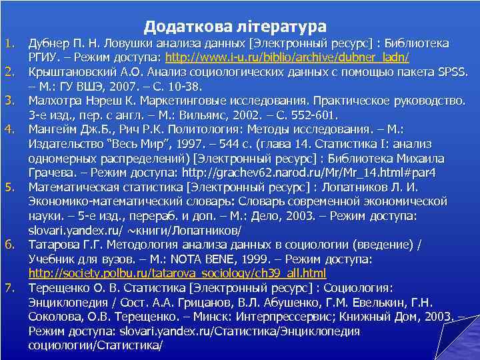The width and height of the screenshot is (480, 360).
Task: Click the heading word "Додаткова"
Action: coord(187,27)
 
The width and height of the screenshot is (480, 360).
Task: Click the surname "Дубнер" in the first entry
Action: coord(47,44)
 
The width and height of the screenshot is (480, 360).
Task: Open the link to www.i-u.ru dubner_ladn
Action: coord(287,58)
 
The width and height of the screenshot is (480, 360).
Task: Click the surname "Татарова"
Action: coord(53,245)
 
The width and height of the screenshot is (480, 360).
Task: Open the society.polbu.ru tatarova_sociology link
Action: coord(177,273)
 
